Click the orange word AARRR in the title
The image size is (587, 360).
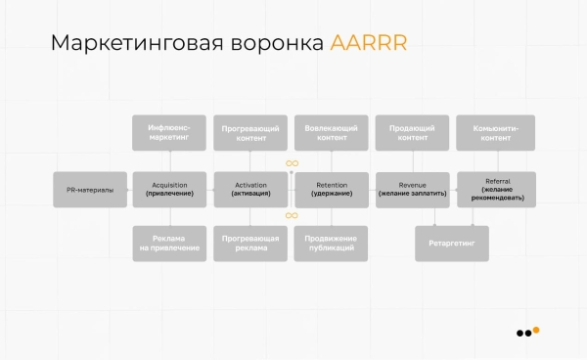(368, 44)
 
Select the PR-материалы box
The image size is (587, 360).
(90, 190)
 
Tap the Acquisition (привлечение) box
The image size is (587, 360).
(170, 190)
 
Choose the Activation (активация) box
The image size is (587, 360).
(251, 190)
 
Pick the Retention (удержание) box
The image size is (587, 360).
(332, 190)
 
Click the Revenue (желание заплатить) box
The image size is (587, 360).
(413, 190)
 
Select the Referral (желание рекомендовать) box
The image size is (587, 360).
(496, 190)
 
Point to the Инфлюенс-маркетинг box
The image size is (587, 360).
(170, 133)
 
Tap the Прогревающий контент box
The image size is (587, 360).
(251, 133)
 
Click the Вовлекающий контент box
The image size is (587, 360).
(332, 133)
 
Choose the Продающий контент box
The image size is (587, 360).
(413, 133)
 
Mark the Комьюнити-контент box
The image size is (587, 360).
(496, 133)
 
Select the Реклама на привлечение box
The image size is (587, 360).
(170, 244)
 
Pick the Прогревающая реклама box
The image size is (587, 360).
(251, 244)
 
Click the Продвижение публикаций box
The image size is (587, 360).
(332, 244)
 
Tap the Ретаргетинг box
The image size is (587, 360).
(451, 243)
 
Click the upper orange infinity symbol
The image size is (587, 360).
(292, 163)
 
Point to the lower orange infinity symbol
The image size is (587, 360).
(292, 215)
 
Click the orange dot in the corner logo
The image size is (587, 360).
(536, 330)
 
